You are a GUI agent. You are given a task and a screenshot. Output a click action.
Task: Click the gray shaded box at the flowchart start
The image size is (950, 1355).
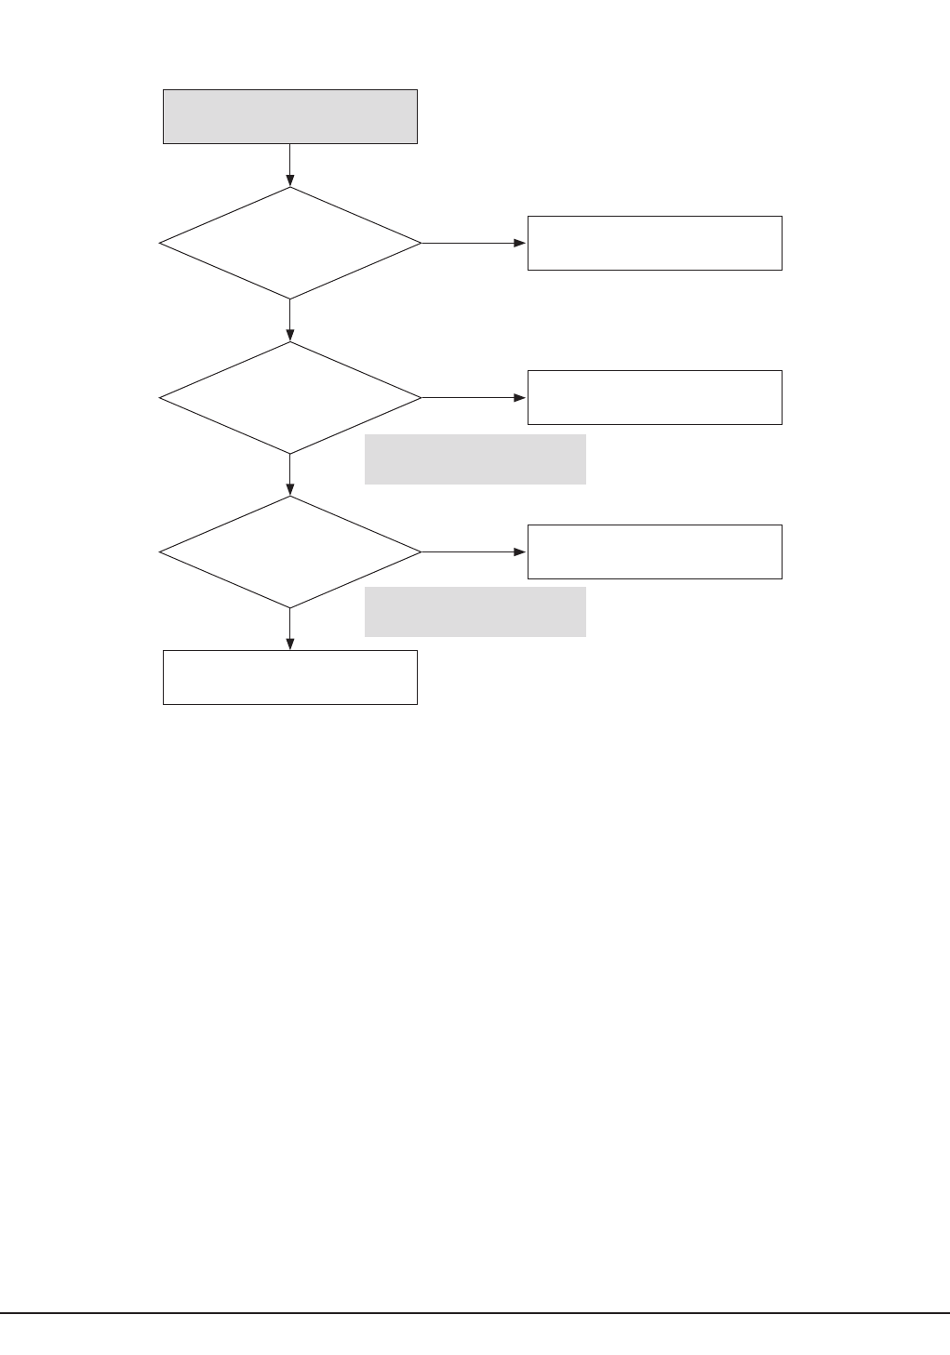[289, 116]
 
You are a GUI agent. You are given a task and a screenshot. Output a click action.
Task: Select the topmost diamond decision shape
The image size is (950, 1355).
[289, 243]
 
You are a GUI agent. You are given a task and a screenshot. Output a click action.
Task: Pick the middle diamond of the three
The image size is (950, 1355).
[289, 397]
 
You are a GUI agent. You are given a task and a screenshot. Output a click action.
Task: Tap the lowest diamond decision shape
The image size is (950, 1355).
[289, 551]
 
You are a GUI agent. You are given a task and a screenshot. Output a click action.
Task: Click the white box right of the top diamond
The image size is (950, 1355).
[654, 243]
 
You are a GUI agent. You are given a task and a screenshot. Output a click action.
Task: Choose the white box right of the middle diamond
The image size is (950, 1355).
[654, 397]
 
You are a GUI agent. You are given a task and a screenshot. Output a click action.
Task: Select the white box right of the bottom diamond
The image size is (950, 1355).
[654, 551]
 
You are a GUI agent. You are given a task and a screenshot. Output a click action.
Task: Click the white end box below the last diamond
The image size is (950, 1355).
[289, 677]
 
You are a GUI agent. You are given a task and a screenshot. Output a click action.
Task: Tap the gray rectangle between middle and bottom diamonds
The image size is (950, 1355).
[475, 458]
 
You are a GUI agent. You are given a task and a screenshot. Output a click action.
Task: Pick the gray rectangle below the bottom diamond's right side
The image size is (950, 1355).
[475, 611]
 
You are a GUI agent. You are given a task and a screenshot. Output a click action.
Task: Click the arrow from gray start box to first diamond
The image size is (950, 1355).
[289, 166]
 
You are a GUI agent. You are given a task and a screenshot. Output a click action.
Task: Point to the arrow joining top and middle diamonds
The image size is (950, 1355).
[289, 320]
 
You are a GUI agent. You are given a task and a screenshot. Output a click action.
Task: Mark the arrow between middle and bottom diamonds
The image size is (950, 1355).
[289, 474]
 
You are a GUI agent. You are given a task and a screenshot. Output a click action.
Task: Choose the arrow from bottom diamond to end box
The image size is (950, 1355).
[289, 629]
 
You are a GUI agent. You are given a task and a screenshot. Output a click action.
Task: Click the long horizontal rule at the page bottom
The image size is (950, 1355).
[475, 1313]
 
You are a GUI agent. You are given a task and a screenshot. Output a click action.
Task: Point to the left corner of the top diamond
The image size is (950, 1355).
[161, 243]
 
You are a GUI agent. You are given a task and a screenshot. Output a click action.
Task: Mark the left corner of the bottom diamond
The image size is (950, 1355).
[161, 551]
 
